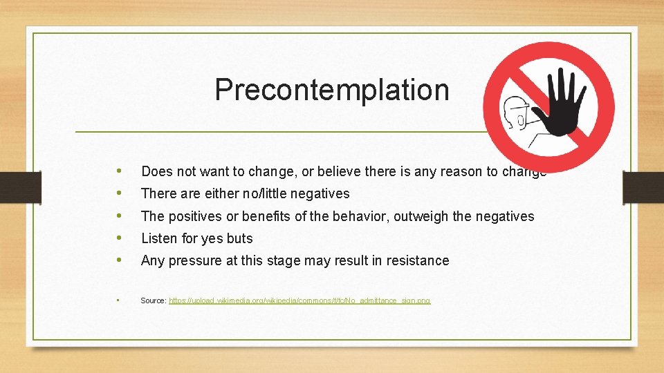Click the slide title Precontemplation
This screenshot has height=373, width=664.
point(331,90)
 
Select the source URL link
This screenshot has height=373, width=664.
point(299,300)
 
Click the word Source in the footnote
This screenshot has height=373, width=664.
point(153,300)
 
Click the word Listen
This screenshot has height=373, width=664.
point(158,238)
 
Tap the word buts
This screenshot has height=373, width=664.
point(239,238)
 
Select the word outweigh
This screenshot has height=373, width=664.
point(421,216)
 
